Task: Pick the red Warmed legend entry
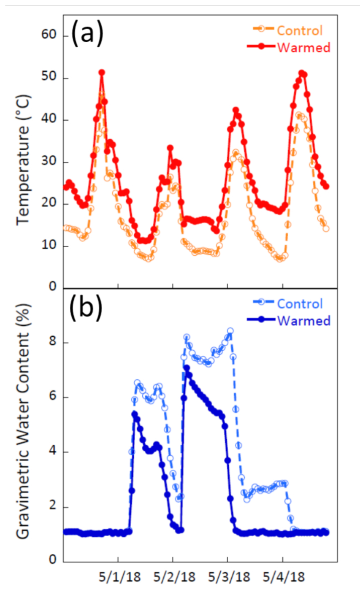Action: click(299, 48)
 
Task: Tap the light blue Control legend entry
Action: click(299, 304)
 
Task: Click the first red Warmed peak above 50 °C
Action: click(102, 73)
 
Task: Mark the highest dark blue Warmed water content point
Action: click(187, 368)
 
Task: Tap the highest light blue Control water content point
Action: click(230, 331)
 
